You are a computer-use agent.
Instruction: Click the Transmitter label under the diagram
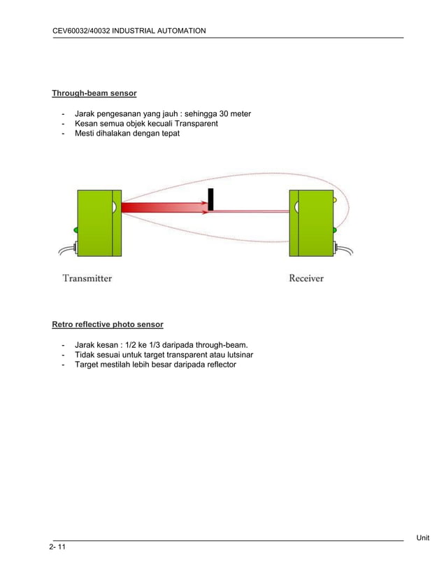(x=87, y=278)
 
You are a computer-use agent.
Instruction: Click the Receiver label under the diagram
(x=306, y=278)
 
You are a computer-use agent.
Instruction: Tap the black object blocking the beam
(x=210, y=199)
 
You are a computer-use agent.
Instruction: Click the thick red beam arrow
(x=164, y=207)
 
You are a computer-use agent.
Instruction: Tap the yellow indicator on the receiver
(x=334, y=200)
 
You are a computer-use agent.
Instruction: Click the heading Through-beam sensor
(x=94, y=93)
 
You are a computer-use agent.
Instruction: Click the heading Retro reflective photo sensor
(x=108, y=325)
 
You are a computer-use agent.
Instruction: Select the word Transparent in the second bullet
(x=194, y=123)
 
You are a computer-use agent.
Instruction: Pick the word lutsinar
(x=238, y=355)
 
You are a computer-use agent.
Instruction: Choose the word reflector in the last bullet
(x=218, y=365)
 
